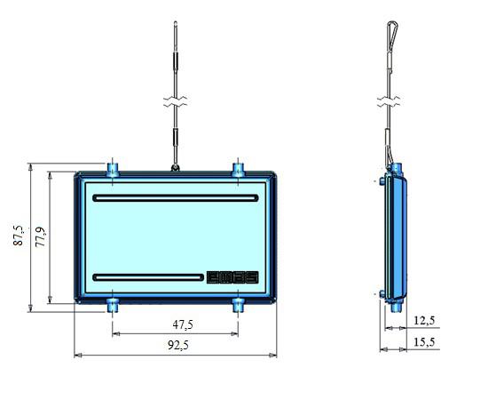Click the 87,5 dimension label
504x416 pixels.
[x=19, y=236]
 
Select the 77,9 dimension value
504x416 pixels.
[x=41, y=237]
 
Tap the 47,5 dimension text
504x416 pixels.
[x=183, y=324]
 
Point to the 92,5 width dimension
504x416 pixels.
[x=178, y=345]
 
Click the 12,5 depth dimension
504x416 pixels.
[x=424, y=320]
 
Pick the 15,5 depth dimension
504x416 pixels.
[x=424, y=341]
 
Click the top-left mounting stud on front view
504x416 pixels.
[x=113, y=170]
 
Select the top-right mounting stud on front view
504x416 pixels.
[x=238, y=170]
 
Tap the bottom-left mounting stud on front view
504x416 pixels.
[x=113, y=305]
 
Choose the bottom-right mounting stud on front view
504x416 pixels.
[x=238, y=305]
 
